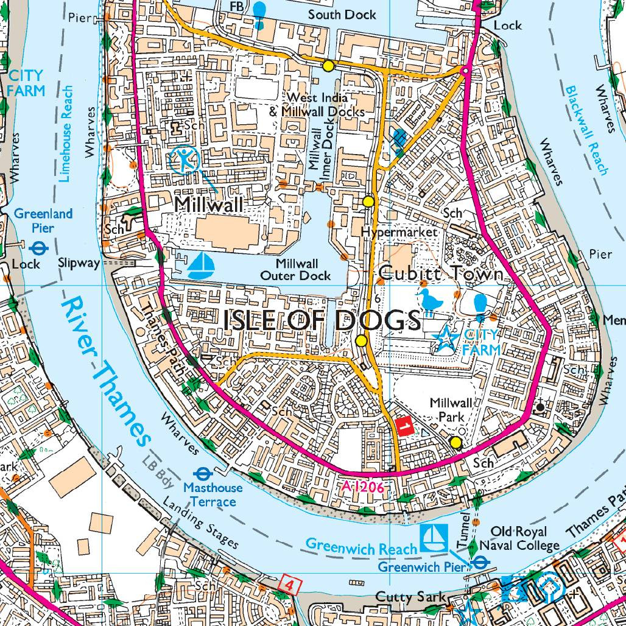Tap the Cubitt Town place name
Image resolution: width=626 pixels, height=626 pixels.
441,274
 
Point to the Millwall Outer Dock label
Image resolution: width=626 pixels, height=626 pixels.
296,270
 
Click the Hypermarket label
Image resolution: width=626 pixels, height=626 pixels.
399,232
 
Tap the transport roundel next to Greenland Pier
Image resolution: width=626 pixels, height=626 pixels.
39,248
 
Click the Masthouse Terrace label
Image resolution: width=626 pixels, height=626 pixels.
213,494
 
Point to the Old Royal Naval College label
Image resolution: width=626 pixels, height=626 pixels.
519,538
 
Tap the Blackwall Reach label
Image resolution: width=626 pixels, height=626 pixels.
586,129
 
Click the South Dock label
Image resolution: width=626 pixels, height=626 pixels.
342,14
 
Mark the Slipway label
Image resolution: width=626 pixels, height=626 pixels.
79,263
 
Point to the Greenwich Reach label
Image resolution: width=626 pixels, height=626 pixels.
362,545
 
